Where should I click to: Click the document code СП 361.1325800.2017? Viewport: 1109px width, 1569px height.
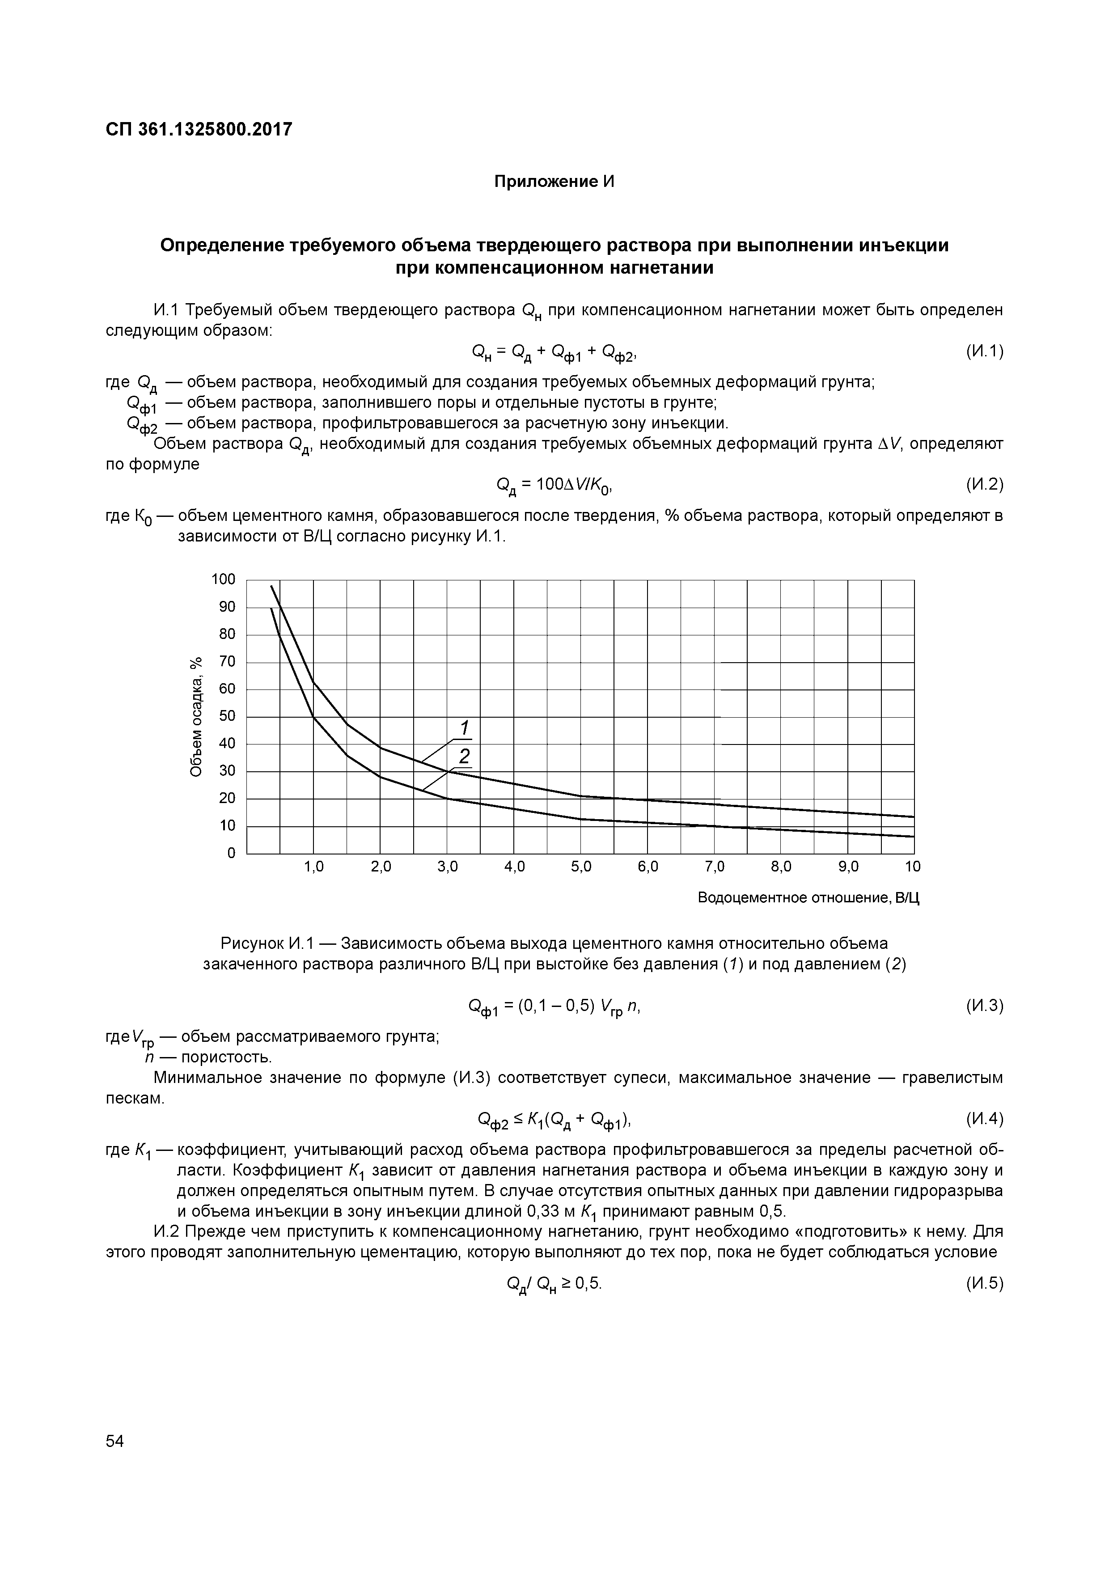199,129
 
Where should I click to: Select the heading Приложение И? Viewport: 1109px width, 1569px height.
554,182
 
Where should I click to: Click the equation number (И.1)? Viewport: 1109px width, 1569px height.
984,351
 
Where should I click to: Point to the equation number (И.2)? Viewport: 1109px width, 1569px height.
984,485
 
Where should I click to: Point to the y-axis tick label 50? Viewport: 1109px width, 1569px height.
227,716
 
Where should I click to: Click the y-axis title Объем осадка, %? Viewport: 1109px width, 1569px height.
196,716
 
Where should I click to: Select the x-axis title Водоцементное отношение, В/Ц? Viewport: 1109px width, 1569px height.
809,897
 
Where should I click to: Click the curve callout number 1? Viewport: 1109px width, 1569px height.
464,727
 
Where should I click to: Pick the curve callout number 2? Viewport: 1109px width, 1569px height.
465,756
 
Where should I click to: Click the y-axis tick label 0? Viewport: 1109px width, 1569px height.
231,854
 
